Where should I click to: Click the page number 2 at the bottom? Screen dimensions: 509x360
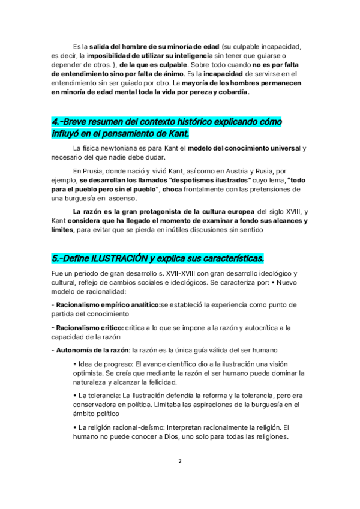pos(179,461)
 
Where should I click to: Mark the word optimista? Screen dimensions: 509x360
pos(89,372)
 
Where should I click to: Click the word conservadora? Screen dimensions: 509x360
pos(99,405)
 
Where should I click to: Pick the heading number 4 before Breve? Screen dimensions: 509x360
pos(55,122)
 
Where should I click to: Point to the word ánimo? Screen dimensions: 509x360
pos(170,73)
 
